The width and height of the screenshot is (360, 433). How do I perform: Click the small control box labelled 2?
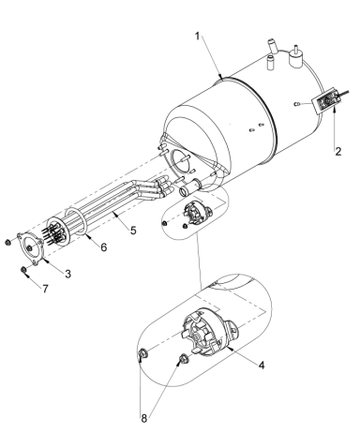329,98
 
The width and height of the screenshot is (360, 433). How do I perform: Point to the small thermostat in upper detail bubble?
196,212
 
